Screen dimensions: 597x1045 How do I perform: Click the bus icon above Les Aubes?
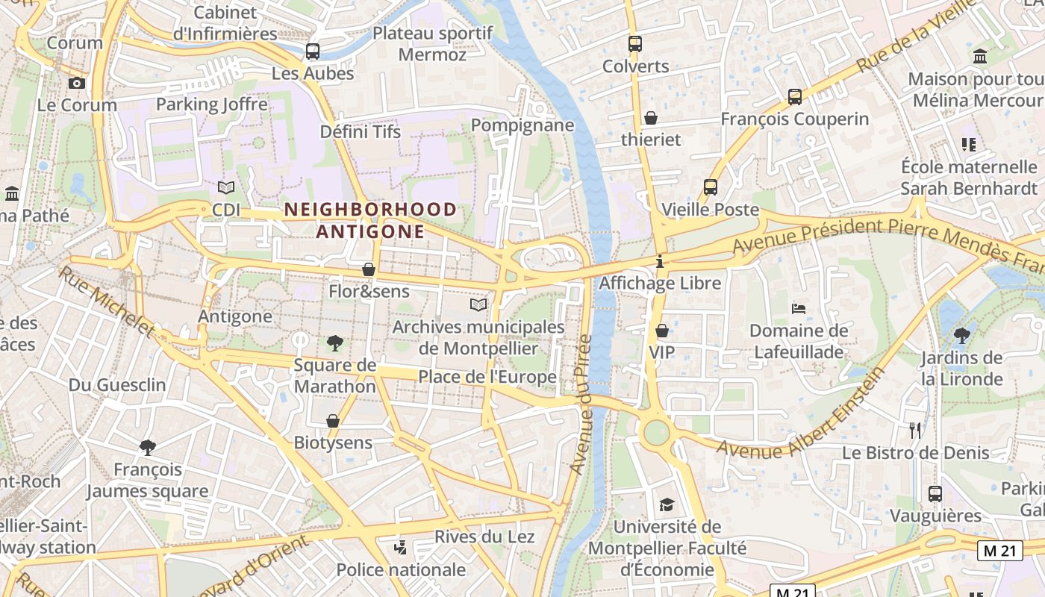[x=313, y=51]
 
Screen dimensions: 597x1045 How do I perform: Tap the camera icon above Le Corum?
[x=77, y=83]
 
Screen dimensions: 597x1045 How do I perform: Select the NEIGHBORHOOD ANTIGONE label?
[x=370, y=220]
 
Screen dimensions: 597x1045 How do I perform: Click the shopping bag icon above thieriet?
[x=651, y=118]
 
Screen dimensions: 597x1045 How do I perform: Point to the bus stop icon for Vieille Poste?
[x=711, y=187]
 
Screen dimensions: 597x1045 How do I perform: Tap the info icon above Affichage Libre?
[x=660, y=262]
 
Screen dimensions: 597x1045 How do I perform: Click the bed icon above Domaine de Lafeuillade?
[x=799, y=308]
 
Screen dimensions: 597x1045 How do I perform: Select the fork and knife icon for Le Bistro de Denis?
[x=915, y=430]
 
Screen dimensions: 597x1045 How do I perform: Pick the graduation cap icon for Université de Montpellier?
[x=667, y=505]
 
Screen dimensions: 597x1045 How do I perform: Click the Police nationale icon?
[x=401, y=548]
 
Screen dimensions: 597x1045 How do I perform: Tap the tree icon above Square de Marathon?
[x=335, y=343]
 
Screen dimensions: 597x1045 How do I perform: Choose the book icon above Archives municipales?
[x=478, y=304]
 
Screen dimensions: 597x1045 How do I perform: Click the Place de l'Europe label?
[x=487, y=377]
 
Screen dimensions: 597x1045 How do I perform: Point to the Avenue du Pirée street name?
[x=581, y=404]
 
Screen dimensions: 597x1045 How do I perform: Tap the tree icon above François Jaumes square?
[x=148, y=447]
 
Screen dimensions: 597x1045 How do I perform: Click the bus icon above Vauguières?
[x=935, y=493]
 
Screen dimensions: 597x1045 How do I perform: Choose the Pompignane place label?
[x=522, y=125]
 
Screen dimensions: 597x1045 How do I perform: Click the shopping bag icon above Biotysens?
[x=333, y=421]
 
